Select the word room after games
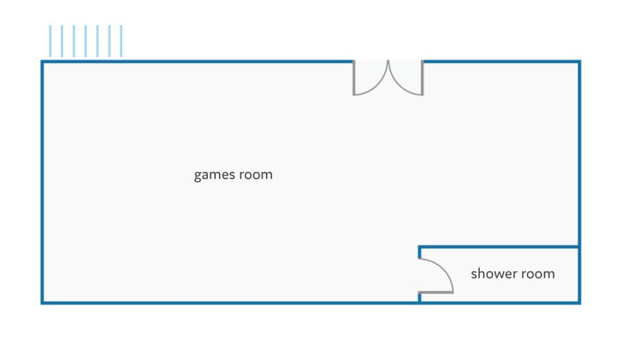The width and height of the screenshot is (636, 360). (256, 175)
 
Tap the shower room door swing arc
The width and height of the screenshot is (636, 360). (444, 269)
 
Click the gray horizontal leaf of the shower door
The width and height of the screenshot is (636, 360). (436, 292)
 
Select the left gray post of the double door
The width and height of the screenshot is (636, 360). (354, 78)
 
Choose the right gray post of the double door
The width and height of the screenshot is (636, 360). (422, 78)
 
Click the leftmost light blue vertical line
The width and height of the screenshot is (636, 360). (50, 41)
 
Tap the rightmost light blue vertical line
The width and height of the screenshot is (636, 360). (121, 41)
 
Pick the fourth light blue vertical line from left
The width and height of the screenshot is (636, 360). (85, 41)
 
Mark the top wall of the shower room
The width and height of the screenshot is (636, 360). (498, 246)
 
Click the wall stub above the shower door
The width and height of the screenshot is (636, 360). (420, 251)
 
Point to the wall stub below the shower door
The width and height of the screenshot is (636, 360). (420, 297)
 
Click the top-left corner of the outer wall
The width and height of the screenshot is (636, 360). (42, 62)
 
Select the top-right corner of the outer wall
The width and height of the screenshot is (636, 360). (580, 62)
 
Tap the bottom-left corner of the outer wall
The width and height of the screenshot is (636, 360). (42, 302)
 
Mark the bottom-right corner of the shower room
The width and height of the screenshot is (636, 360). (580, 302)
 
